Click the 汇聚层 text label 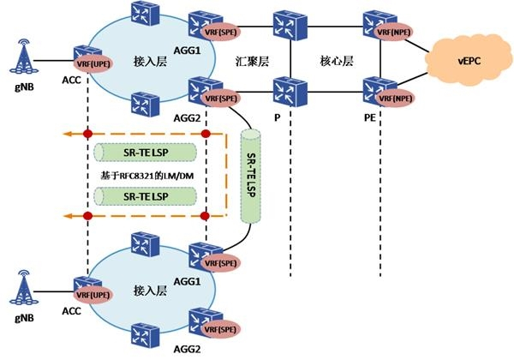(x=253, y=62)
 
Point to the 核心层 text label (x=334, y=62)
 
